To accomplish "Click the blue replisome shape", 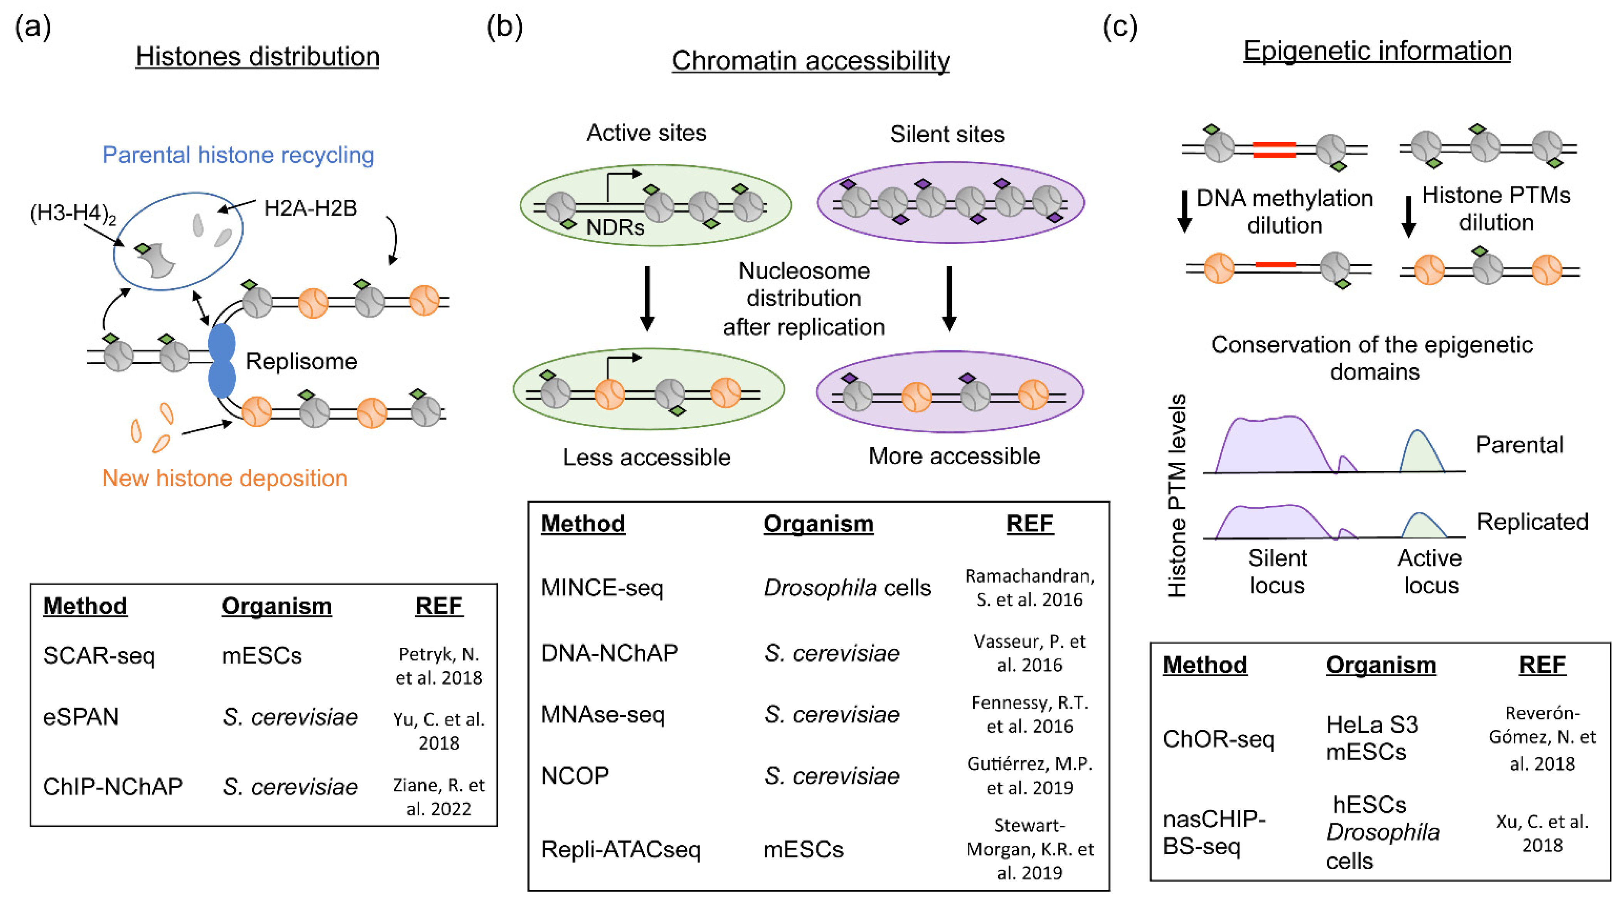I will point(222,360).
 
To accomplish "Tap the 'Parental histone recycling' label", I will point(238,155).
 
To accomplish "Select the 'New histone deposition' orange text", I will point(225,478).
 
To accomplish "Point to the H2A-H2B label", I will point(310,208).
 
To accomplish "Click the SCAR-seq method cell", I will point(99,655).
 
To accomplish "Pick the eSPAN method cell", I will point(81,716).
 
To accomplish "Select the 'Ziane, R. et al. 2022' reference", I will point(439,796).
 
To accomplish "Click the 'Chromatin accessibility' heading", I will point(810,61).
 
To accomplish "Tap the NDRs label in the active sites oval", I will point(615,227).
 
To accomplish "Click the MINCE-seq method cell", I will point(602,588).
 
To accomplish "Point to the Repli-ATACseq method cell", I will point(620,849).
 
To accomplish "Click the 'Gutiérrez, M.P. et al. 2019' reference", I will point(1029,775).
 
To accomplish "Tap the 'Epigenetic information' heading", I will point(1377,51).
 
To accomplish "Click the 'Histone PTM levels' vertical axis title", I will point(1177,496).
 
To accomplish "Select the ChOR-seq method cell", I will point(1218,739).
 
